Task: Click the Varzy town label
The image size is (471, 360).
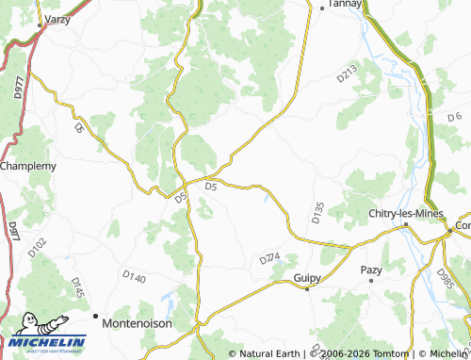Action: [x=58, y=18]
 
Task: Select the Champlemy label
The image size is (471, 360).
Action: [x=29, y=166]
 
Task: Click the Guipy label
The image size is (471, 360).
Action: [x=308, y=278]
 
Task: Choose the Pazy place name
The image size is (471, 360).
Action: [x=372, y=270]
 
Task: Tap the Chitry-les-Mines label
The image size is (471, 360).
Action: [x=400, y=212]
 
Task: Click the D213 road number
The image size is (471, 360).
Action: [x=347, y=74]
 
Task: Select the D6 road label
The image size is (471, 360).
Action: [x=456, y=116]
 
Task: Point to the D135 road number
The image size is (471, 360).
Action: [x=317, y=212]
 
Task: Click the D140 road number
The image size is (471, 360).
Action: [x=135, y=277]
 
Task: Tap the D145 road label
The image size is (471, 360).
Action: [x=77, y=287]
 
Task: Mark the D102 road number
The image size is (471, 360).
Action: [x=37, y=248]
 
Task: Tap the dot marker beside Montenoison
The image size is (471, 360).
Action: [x=95, y=316]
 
